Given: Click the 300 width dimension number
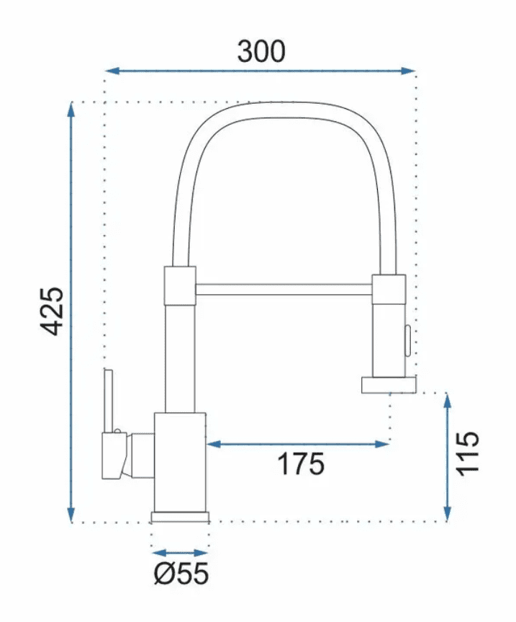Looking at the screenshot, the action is point(261,51).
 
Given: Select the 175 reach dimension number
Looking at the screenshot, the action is point(301,463).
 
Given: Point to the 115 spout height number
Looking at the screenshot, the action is point(468,453).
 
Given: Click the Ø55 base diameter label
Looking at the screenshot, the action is point(181,573).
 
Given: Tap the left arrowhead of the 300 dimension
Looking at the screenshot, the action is point(112,71).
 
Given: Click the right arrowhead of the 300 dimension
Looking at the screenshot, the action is point(408,71).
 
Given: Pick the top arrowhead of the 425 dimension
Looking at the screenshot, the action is point(71,110).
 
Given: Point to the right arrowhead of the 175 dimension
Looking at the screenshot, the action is point(383,444).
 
